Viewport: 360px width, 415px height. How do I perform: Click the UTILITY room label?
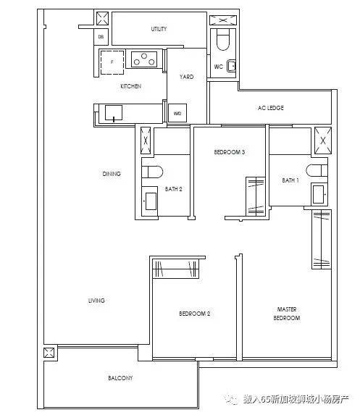coord(159,29)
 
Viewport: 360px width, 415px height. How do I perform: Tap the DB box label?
coord(101,37)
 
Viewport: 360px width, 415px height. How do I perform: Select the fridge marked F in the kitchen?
coord(112,62)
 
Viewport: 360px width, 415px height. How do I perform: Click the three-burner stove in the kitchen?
coord(144,59)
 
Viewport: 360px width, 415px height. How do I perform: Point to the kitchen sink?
coord(114,113)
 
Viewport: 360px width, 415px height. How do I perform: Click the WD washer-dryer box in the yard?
coord(177,113)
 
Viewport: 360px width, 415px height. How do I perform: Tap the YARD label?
coord(187,77)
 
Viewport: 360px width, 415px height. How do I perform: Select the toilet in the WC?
coord(223,40)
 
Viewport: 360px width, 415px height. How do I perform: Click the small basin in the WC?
coord(231,66)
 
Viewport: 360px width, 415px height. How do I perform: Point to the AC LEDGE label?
coord(270,108)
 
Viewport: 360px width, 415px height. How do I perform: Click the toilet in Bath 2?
coord(152,172)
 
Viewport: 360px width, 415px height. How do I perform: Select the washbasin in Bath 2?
coord(150,201)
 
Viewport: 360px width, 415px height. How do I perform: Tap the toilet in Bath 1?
coord(317,170)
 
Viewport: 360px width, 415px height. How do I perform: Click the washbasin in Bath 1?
coord(319,194)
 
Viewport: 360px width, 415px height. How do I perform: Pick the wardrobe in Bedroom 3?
coord(256,196)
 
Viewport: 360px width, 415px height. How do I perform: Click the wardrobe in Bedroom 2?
coord(175,269)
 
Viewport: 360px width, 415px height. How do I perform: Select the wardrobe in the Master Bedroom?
coord(322,239)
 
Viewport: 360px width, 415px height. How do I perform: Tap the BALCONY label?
coord(120,377)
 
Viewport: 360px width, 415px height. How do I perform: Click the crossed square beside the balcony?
coord(49,353)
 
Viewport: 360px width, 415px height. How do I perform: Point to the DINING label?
coord(112,174)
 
